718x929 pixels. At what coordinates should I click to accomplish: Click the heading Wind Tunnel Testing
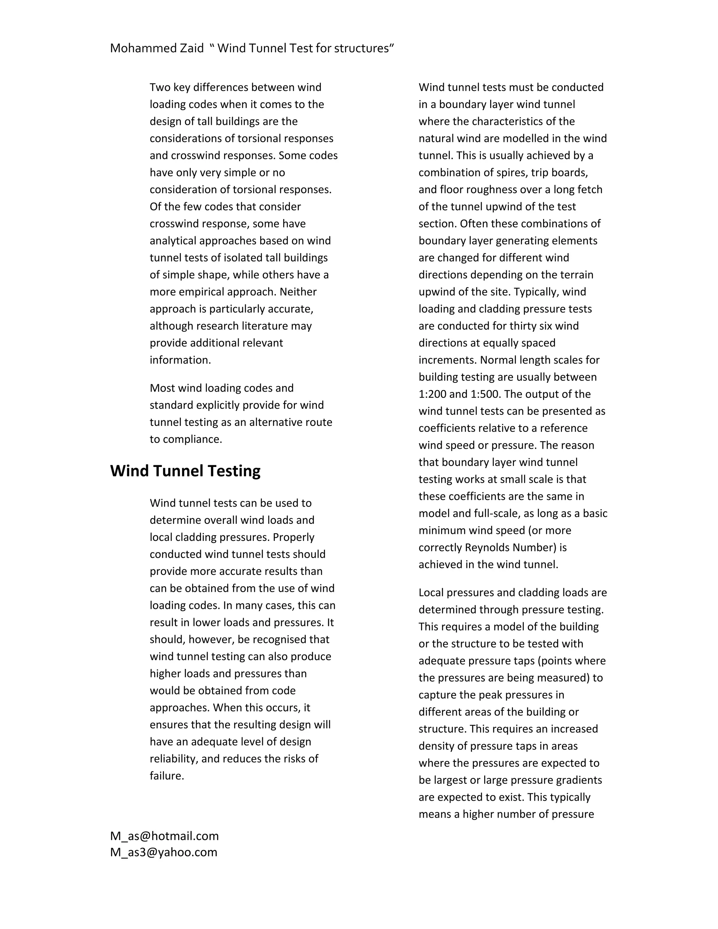tap(185, 471)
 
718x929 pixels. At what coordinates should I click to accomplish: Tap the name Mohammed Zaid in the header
tap(156, 48)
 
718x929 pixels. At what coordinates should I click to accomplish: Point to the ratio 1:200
tap(432, 394)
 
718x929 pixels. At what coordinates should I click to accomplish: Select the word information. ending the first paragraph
tap(180, 360)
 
